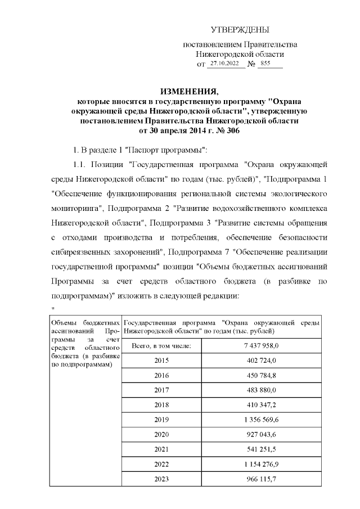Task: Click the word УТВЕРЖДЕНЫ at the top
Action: [x=240, y=29]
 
